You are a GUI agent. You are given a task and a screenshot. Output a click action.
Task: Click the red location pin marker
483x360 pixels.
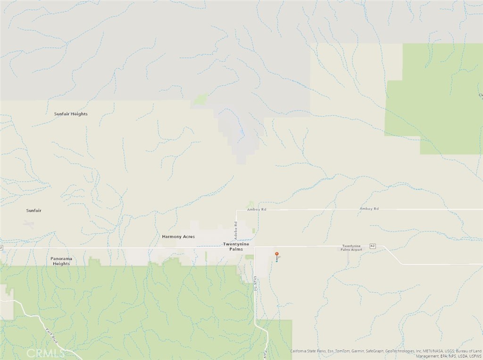tap(277, 254)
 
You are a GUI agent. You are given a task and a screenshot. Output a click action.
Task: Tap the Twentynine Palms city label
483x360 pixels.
tap(233, 246)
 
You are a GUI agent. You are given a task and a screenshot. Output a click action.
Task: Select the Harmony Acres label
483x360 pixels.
tap(178, 237)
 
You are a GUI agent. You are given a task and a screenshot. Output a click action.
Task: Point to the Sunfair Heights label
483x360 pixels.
tap(71, 114)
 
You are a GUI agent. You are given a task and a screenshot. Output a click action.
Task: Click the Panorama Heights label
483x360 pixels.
tap(61, 261)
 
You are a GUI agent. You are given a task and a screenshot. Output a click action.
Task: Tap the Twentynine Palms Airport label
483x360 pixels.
tap(352, 247)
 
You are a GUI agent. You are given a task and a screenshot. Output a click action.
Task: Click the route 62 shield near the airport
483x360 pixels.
tap(373, 246)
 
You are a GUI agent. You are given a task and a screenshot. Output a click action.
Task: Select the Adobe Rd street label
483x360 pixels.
tap(236, 229)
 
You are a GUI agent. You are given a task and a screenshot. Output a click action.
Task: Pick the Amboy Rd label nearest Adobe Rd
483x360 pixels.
tap(257, 209)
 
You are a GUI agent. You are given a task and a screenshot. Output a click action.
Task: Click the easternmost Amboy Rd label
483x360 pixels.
tap(369, 209)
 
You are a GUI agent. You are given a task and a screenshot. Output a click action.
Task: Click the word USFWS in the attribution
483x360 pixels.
tap(474, 356)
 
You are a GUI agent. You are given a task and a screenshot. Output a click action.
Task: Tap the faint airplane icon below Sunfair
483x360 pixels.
tap(29, 223)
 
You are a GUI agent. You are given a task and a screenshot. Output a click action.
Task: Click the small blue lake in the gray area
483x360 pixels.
tap(241, 133)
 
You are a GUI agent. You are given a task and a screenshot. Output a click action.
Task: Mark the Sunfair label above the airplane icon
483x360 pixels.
tap(33, 211)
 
